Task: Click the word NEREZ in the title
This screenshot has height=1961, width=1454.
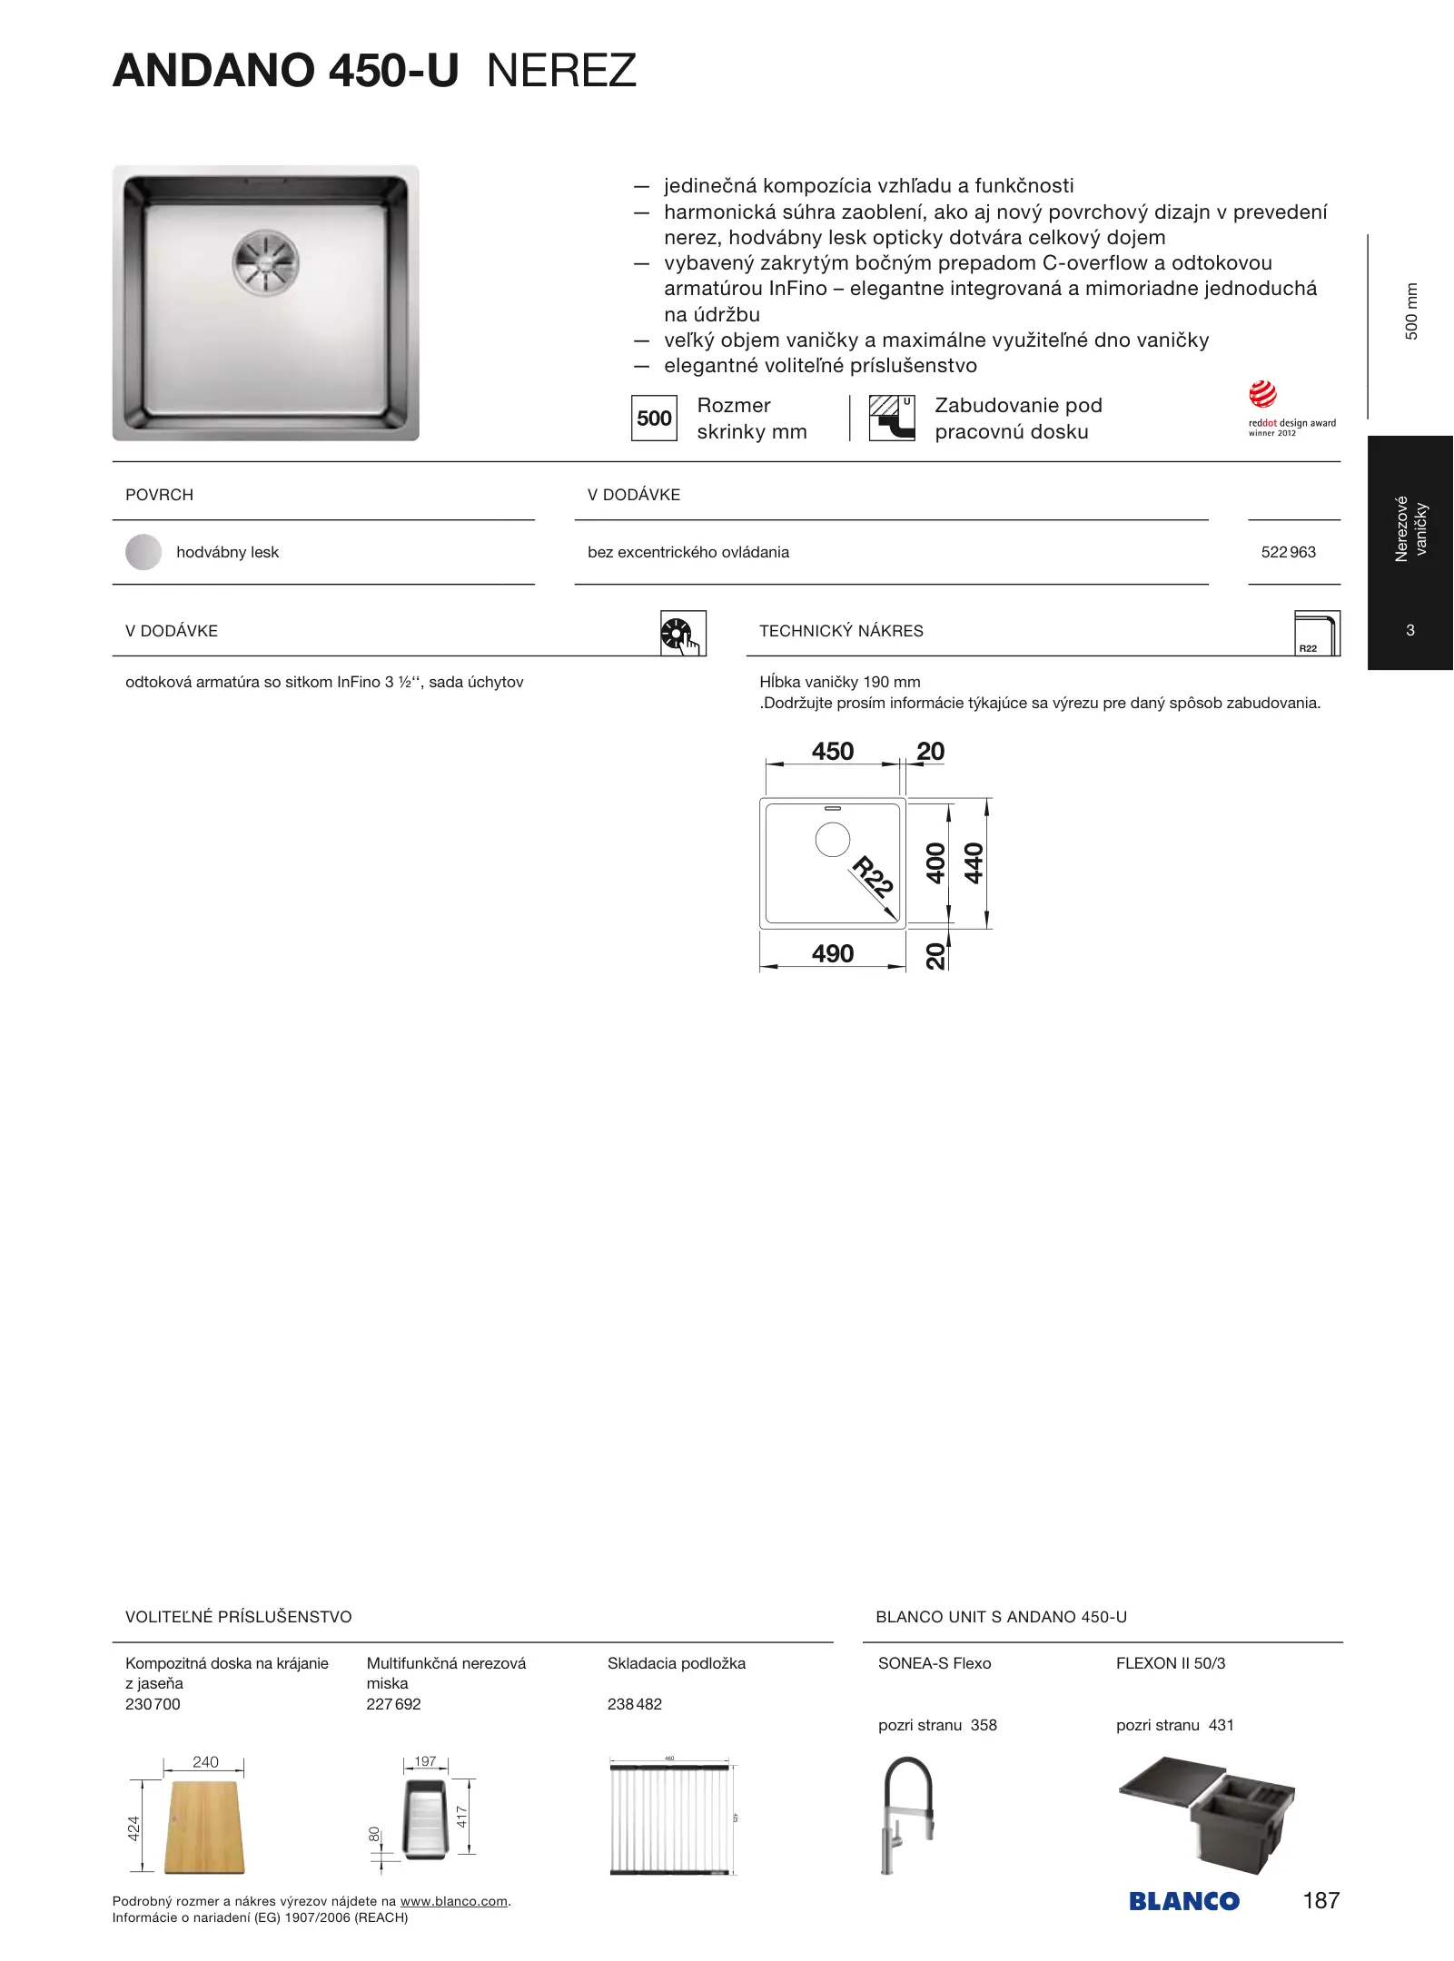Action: tap(561, 71)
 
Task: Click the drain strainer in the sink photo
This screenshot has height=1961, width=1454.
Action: tap(265, 260)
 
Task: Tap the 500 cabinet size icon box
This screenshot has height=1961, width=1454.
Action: tap(654, 419)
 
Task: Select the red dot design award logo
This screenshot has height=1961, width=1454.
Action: tap(1263, 395)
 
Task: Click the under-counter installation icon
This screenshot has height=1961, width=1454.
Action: tap(892, 418)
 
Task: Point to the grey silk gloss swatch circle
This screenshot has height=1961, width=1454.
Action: tap(143, 552)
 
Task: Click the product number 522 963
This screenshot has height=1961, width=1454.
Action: tap(1288, 552)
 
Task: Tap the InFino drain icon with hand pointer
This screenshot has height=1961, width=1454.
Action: tap(683, 633)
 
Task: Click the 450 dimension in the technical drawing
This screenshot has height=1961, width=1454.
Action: tap(833, 752)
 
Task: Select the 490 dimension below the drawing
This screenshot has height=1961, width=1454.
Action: tap(833, 954)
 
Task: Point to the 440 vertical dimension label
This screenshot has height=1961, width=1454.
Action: tap(974, 862)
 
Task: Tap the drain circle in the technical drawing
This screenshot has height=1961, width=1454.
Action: tap(833, 840)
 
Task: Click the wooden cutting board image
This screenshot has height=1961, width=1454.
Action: tap(203, 1826)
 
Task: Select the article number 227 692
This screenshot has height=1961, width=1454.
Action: tap(393, 1704)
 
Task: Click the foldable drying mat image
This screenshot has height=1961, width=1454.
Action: tap(670, 1819)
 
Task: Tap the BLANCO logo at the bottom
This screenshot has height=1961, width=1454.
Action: tap(1183, 1901)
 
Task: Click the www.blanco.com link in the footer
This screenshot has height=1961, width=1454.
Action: tap(453, 1901)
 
